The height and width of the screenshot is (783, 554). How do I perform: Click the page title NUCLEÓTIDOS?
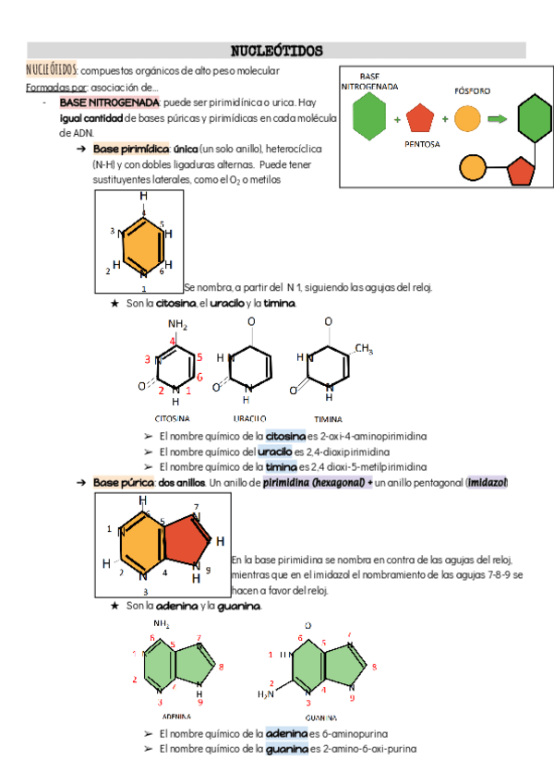pos(276,49)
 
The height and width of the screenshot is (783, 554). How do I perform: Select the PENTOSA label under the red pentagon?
pos(421,144)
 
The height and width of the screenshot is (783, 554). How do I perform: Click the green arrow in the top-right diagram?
pos(497,118)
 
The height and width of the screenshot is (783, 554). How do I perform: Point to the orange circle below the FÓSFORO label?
pos(468,118)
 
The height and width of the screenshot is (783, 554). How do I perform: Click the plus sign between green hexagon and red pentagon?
pos(397,120)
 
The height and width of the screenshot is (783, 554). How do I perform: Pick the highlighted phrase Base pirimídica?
pos(131,149)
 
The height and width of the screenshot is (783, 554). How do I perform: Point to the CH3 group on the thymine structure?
pos(363,349)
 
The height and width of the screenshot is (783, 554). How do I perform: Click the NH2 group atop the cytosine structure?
pos(177,325)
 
